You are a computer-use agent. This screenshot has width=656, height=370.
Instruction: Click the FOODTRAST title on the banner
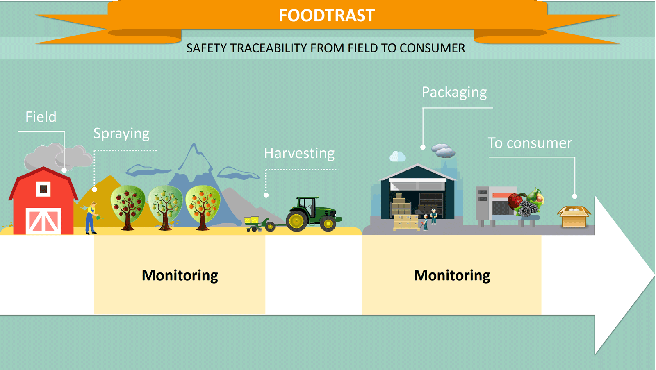tap(326, 15)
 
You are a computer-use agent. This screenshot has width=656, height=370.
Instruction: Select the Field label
tap(41, 116)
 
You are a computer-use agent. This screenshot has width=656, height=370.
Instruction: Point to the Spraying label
tap(121, 134)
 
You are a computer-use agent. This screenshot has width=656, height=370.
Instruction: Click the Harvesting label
tap(299, 153)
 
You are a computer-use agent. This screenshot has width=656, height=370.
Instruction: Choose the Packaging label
tap(454, 93)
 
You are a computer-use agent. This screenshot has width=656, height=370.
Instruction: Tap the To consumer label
tap(530, 143)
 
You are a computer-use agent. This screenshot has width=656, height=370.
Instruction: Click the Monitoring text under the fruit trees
tap(180, 276)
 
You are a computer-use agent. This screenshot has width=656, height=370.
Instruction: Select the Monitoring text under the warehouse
tap(452, 276)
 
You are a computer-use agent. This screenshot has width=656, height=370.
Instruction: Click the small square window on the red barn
tap(43, 189)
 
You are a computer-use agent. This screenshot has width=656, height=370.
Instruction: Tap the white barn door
tap(43, 221)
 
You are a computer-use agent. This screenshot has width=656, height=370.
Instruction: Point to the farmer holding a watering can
tap(92, 218)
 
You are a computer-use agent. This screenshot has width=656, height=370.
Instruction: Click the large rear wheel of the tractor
tap(296, 221)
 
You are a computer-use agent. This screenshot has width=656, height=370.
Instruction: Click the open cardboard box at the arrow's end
tap(574, 217)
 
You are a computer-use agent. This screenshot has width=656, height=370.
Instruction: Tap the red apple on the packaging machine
tap(515, 201)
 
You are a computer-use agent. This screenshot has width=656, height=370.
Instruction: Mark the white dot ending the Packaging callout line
tap(423, 147)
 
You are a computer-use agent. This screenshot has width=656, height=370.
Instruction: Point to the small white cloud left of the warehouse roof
tap(397, 157)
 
